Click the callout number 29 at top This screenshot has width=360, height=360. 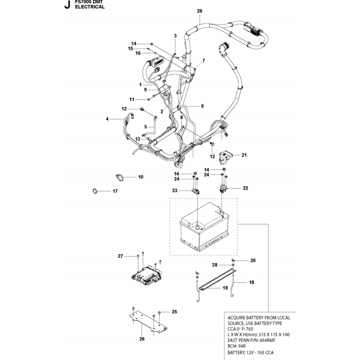coord(199,11)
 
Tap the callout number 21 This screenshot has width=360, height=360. coord(244,155)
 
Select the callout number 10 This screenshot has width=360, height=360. coord(140,177)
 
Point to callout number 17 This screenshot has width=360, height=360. coord(115,191)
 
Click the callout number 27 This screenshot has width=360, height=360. coord(120,256)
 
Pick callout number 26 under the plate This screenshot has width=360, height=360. coord(142,339)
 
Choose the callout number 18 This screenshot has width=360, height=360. coord(251,283)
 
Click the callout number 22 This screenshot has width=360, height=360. coord(245,188)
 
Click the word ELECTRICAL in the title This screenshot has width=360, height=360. coord(90,6)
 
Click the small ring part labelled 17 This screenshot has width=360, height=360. coord(94,191)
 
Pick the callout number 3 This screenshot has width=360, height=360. coord(175,36)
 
